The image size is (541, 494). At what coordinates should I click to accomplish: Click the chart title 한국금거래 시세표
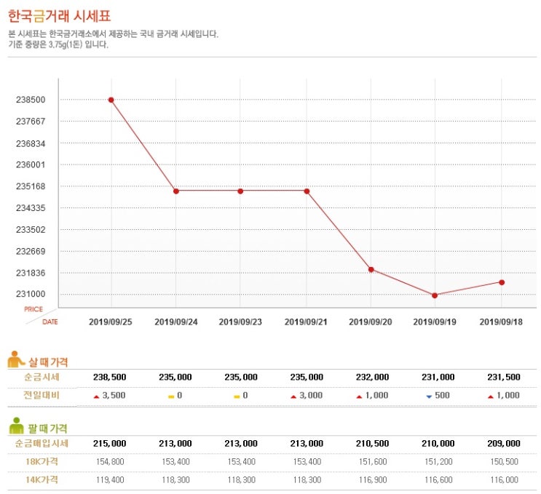(60, 17)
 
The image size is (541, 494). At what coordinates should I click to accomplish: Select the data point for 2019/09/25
(111, 100)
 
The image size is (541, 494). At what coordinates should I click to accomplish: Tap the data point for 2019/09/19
(435, 295)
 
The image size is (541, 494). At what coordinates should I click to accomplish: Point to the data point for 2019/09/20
(371, 270)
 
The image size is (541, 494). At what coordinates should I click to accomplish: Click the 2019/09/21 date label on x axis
(306, 321)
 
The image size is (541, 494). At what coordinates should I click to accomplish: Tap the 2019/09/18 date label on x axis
(501, 321)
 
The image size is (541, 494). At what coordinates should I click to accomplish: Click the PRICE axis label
(33, 309)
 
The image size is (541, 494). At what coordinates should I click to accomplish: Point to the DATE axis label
(50, 321)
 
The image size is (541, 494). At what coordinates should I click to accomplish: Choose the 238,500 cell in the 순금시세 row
(111, 377)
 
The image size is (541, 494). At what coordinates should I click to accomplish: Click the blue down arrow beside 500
(429, 397)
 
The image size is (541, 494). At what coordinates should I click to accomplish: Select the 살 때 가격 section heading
(48, 362)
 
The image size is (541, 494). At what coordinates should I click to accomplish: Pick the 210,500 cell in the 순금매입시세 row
(371, 443)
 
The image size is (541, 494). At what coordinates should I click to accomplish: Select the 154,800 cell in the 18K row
(111, 461)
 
